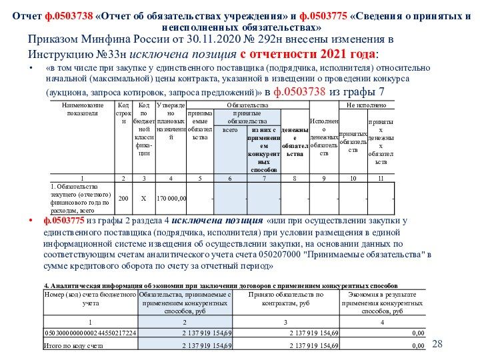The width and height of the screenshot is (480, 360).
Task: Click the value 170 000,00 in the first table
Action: (171, 199)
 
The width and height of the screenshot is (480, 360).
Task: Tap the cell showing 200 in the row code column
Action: (123, 199)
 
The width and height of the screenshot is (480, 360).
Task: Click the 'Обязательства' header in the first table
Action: (247, 105)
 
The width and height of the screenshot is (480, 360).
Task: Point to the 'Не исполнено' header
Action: (366, 105)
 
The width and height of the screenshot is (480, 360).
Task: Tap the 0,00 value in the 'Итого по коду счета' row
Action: (418, 346)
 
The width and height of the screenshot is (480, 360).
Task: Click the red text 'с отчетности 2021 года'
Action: (307, 54)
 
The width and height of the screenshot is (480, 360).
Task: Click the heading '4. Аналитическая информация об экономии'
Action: (133, 284)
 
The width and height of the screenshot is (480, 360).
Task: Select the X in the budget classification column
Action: (143, 199)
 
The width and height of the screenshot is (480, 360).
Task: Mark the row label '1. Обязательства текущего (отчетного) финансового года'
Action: (75, 198)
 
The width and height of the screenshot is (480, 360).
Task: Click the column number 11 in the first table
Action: (381, 178)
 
